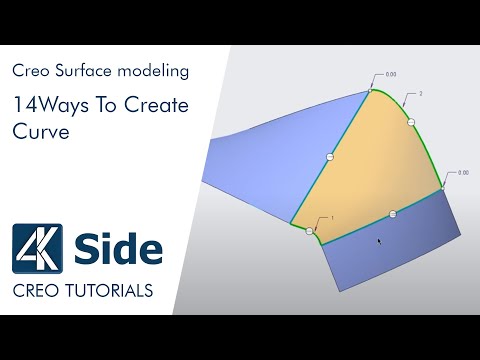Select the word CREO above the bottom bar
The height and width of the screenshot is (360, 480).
click(37, 291)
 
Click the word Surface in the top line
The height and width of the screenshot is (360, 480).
click(81, 72)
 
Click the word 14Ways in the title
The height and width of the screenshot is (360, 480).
click(45, 104)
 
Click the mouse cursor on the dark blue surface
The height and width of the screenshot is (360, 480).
click(378, 241)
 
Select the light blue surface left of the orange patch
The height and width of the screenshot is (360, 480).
click(260, 160)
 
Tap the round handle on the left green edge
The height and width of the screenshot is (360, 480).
click(331, 157)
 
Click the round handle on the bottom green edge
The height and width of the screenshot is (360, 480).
click(393, 213)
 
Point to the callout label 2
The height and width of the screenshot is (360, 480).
click(421, 93)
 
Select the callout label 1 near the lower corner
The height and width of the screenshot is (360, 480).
click(331, 217)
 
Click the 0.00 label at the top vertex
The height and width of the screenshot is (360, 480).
click(391, 74)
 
